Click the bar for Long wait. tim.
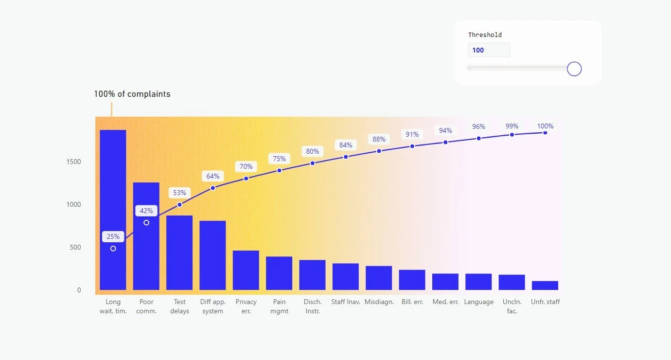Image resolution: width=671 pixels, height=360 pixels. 113,210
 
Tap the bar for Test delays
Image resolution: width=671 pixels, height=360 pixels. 179,252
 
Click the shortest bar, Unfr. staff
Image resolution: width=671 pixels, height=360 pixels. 545,286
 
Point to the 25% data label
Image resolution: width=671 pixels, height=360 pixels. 113,236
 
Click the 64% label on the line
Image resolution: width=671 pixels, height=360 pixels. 212,176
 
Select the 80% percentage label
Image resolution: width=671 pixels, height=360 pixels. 312,151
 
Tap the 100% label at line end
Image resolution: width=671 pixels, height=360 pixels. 545,126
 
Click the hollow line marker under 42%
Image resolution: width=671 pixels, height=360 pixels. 146,223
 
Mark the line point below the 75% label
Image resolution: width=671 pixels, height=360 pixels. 279,170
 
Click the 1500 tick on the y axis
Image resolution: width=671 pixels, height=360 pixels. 73,162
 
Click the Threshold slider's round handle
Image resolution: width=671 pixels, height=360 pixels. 574,69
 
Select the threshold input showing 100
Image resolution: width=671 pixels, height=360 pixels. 489,50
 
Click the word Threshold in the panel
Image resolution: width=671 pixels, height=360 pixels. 485,35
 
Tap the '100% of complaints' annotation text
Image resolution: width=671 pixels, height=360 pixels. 132,94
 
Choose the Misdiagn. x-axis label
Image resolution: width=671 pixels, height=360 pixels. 379,302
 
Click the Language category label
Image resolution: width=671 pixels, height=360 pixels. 478,302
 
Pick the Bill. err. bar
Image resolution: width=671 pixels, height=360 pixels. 412,280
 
